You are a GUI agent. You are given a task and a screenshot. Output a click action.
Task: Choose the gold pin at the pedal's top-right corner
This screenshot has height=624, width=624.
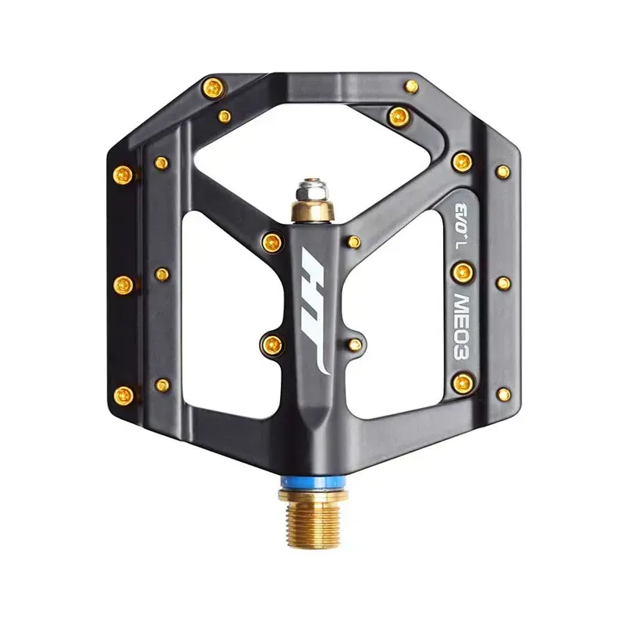(x=411, y=86)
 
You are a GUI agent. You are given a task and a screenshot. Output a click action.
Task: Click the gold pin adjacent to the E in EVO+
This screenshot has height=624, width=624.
(x=462, y=161)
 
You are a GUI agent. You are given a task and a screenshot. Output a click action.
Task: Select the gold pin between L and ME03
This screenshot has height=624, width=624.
(x=462, y=271)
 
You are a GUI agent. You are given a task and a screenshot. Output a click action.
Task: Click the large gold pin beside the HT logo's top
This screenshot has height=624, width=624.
(x=272, y=240)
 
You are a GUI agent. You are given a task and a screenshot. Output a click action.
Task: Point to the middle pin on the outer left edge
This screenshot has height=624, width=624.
(x=123, y=283)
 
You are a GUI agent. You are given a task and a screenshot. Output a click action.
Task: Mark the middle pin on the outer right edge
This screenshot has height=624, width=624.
(x=503, y=282)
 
